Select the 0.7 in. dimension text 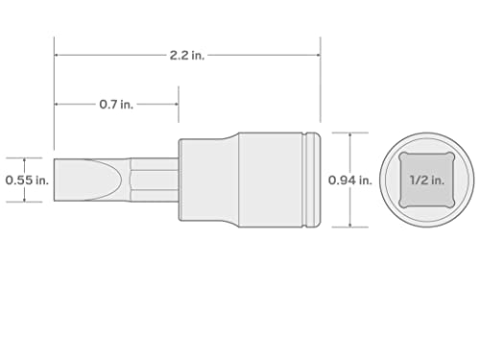[115, 104]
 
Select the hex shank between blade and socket [154, 179]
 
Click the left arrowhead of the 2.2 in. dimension [57, 55]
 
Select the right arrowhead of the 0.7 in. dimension [176, 104]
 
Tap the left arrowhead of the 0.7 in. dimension [57, 104]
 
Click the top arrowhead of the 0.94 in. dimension [350, 135]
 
